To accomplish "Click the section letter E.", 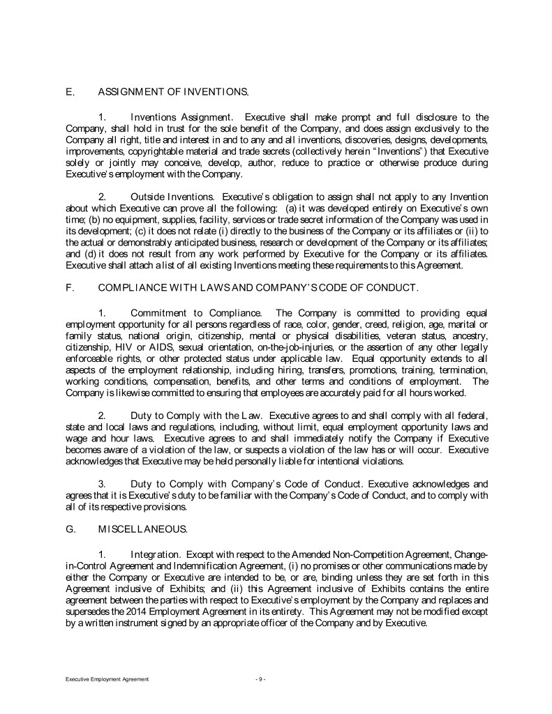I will pos(68,91).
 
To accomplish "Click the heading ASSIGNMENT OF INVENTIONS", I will pos(172,91).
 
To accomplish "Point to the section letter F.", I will pos(68,287).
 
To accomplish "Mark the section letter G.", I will pos(69,530).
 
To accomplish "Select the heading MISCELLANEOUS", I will pos(142,530).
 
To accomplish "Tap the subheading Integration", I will pos(156,554).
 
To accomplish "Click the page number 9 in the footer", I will pos(260,678).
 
